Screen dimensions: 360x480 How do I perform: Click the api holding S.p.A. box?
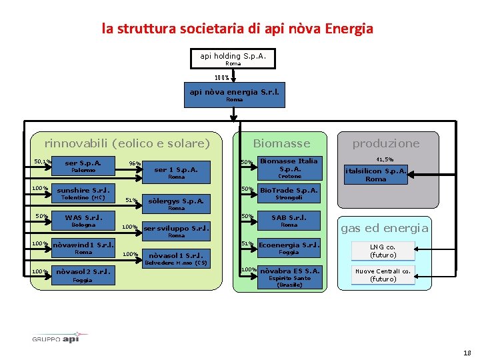233,58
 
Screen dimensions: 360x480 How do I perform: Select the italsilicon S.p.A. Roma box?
375,174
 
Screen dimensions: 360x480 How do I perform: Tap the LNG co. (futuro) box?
383,251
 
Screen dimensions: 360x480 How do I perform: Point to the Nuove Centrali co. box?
383,275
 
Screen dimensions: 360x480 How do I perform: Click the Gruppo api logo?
60,337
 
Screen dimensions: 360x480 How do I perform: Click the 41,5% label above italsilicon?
385,159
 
